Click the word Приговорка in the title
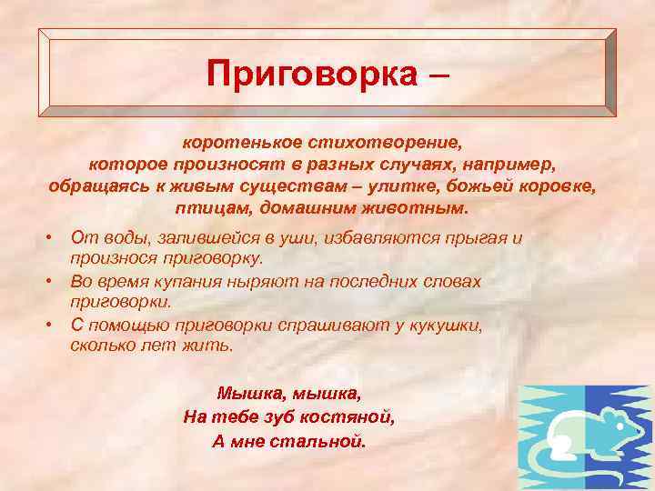[x=308, y=73]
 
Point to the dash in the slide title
[x=436, y=73]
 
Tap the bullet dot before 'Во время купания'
[x=55, y=282]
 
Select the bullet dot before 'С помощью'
[x=55, y=326]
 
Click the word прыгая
[x=487, y=237]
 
